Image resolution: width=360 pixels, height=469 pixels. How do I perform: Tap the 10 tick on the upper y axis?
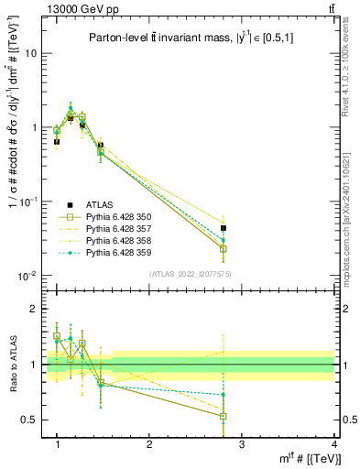[29, 53]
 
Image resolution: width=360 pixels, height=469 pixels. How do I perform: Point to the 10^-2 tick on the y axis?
[27, 276]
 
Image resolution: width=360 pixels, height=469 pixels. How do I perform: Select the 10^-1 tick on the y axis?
[27, 202]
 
